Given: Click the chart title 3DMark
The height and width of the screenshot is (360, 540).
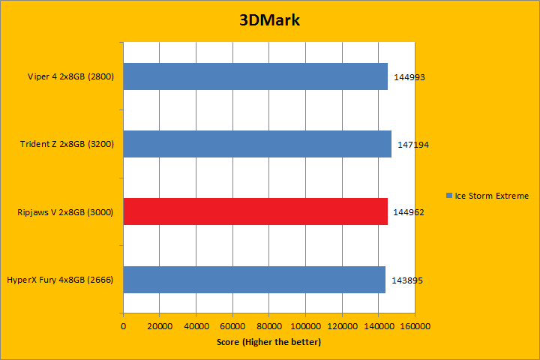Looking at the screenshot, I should [269, 20].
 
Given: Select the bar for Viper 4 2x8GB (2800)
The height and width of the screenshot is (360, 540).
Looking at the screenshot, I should [255, 76].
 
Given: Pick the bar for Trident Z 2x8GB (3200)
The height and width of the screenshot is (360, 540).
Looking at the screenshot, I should [257, 144].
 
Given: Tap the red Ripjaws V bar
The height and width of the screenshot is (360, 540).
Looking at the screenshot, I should [255, 211].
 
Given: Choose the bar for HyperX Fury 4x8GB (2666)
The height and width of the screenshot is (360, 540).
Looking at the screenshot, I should [254, 279].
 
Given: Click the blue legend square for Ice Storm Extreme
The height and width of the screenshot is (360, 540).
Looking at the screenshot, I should [448, 196].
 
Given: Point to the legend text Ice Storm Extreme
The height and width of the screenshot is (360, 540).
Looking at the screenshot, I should [491, 196].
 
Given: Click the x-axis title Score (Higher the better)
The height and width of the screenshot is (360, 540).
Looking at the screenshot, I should [268, 342].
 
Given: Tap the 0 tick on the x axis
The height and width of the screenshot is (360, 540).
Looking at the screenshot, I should [123, 326].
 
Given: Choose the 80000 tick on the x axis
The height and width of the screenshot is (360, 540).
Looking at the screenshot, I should [268, 326].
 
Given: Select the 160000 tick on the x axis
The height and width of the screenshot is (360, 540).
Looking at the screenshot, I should [415, 326].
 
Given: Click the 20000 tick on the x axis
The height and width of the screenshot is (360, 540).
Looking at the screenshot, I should [160, 326].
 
